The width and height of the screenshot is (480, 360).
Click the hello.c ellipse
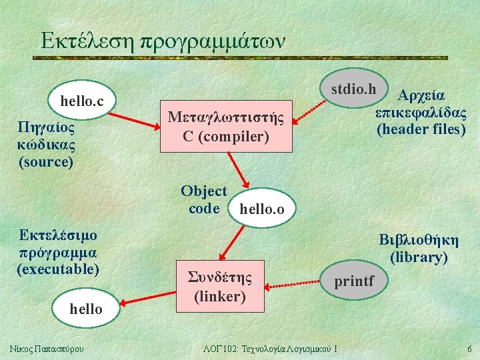pos(82,101)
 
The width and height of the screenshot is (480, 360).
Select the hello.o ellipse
pos(261,209)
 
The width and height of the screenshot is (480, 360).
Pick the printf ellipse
pos(354,281)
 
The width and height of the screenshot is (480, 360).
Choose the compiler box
pos(227,127)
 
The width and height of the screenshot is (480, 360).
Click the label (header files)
pos(421,129)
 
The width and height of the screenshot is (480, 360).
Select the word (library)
pos(419,257)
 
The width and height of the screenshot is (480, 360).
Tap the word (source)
pos(46,161)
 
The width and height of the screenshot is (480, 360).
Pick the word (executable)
pos(58,269)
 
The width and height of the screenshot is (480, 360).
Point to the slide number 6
pos(469,349)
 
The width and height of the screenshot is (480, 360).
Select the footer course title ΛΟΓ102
pos(269,349)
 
